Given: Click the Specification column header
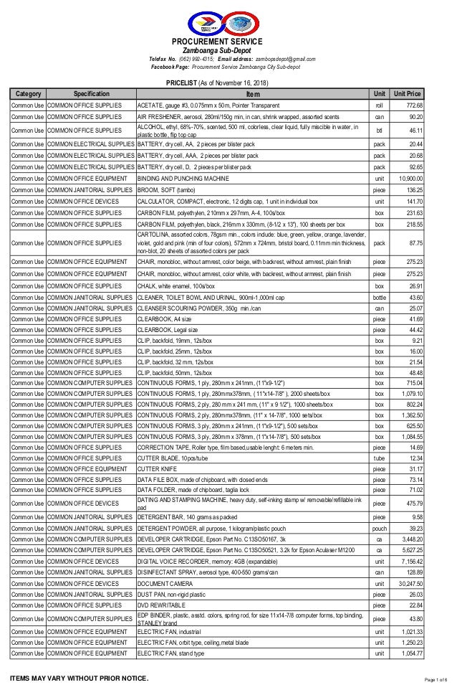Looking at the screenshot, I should point(90,94).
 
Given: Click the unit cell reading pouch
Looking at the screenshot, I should point(380,528).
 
